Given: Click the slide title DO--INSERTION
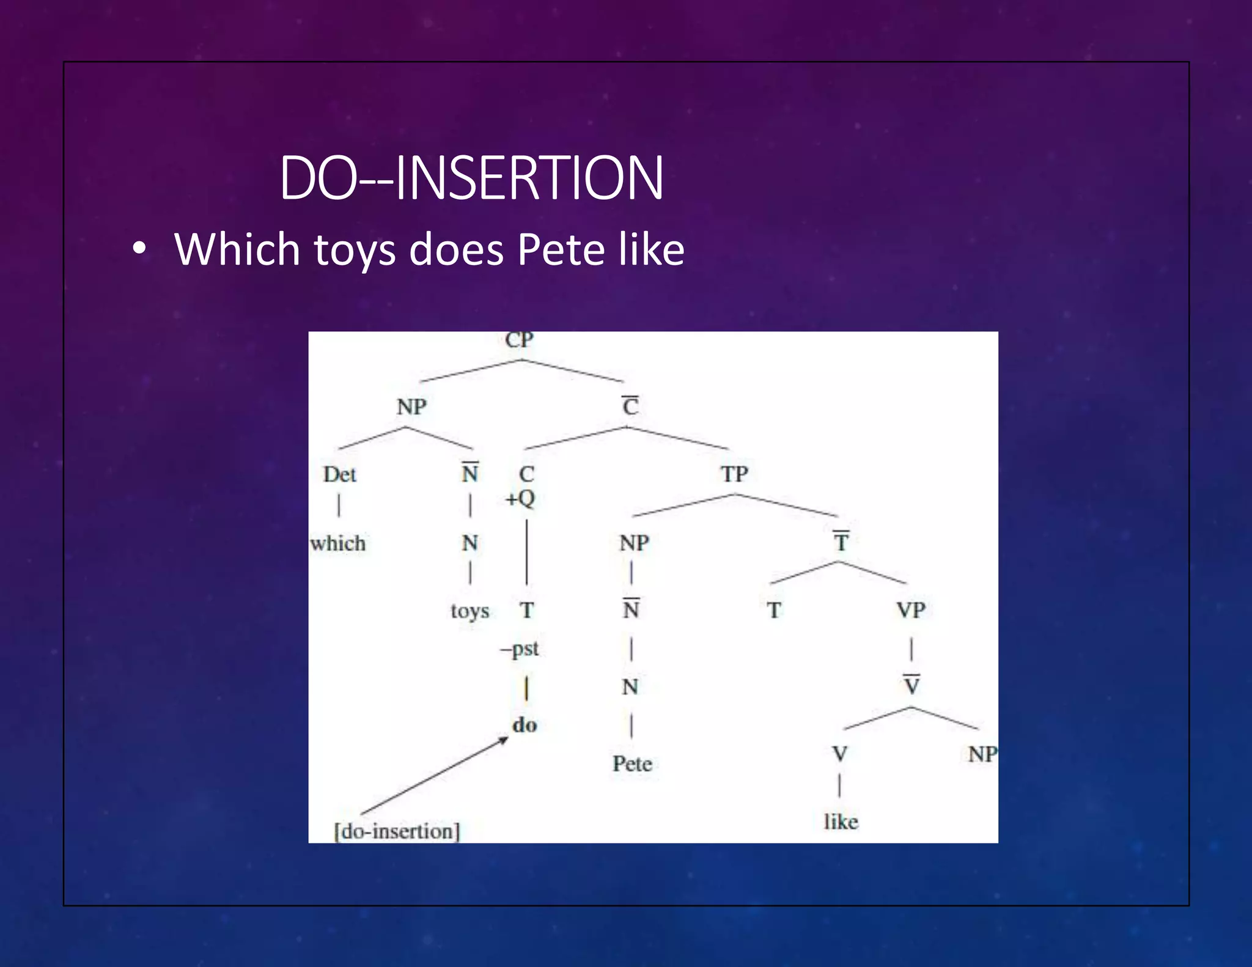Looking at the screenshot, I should [471, 178].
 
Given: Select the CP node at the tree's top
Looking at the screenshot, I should [519, 340].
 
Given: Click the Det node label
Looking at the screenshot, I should [339, 474].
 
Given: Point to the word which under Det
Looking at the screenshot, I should [337, 543].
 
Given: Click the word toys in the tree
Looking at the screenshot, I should [469, 611].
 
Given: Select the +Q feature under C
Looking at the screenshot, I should [520, 498].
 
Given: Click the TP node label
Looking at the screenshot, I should [734, 474].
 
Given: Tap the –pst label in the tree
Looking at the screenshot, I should [520, 649].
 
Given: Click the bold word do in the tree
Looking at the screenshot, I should [525, 725].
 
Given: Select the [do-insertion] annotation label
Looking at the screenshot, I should [397, 831].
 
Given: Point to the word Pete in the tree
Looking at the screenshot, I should [632, 763].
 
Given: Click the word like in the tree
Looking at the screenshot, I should [841, 822].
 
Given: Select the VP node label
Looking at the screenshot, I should [911, 610].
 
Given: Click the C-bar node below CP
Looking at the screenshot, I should [630, 406].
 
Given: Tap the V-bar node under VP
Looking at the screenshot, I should [911, 685].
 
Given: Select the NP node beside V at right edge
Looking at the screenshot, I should [982, 754].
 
